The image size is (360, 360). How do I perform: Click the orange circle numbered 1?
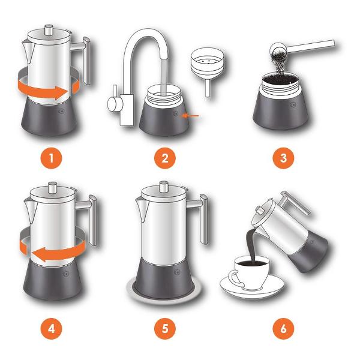(x=51, y=158)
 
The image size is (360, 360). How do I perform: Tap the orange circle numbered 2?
(x=165, y=158)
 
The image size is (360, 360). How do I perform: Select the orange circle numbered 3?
(x=283, y=158)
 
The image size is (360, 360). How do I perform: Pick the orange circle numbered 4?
(x=51, y=329)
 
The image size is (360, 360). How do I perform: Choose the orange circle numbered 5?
(x=165, y=329)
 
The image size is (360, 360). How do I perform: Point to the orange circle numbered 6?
(x=283, y=329)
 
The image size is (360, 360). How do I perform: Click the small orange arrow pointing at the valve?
(x=190, y=116)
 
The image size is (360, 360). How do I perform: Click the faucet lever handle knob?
(x=113, y=104)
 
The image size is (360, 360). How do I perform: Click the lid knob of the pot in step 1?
(x=49, y=30)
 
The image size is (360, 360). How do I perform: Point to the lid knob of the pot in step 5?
(x=164, y=187)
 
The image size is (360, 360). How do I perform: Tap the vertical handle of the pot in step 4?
(x=93, y=220)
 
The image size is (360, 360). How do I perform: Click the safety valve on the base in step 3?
(x=293, y=104)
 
